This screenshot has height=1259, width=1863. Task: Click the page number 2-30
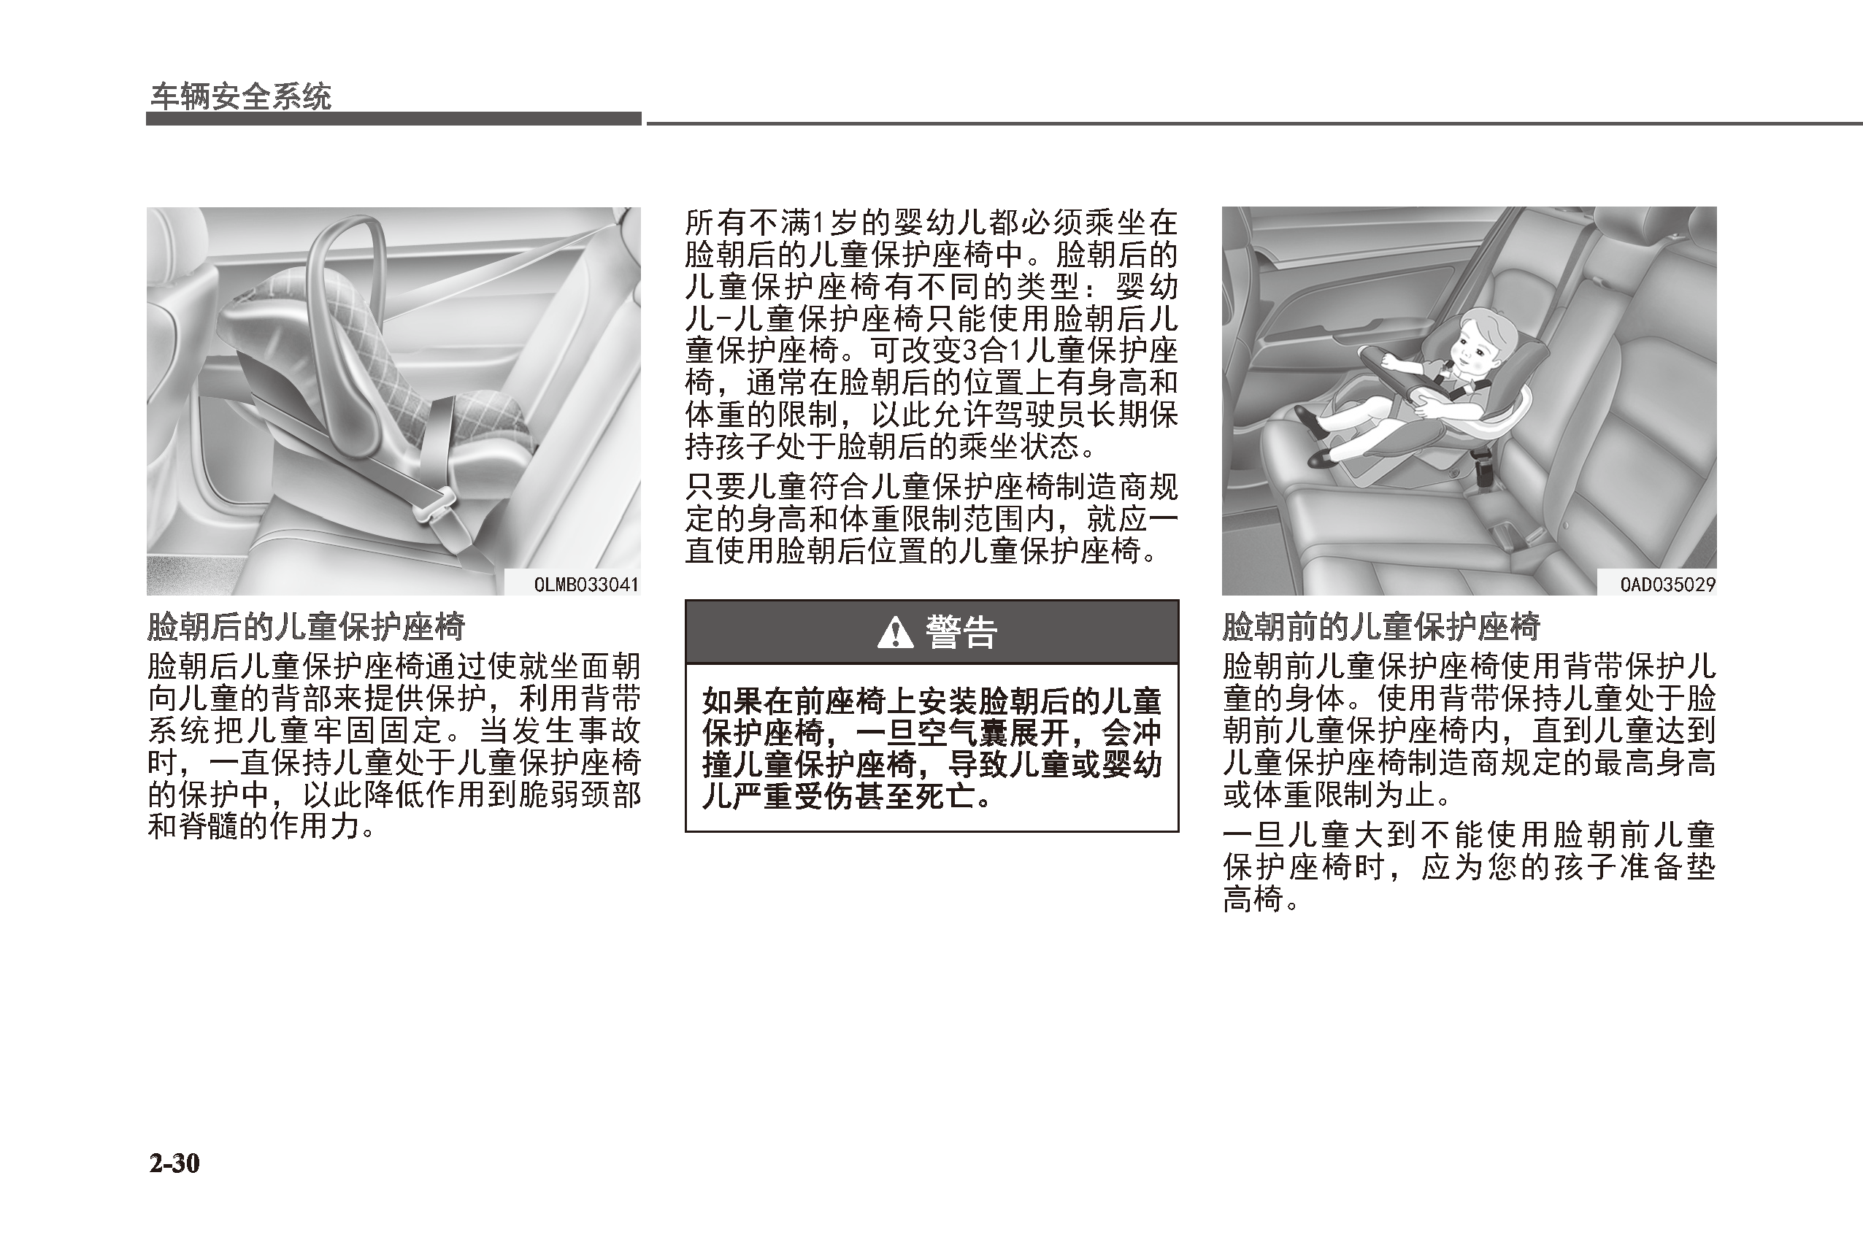[174, 1163]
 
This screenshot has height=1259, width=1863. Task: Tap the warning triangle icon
[896, 633]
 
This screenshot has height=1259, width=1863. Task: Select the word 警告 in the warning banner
[961, 633]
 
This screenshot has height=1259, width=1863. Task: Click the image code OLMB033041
[586, 584]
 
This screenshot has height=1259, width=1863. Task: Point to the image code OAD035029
[1667, 584]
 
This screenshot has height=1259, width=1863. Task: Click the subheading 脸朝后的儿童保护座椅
[305, 627]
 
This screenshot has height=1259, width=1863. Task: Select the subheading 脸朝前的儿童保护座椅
[1380, 627]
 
